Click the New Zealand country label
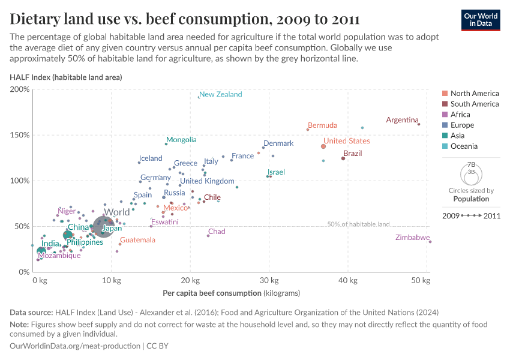[x=220, y=94]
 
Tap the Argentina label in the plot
[x=402, y=120]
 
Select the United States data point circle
[x=323, y=146]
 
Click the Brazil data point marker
[x=343, y=158]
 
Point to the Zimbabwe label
[x=412, y=238]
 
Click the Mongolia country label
[x=181, y=140]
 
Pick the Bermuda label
[x=322, y=125]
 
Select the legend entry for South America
[x=474, y=104]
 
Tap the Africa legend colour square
[x=445, y=115]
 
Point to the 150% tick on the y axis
[x=20, y=135]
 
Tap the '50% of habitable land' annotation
[x=358, y=224]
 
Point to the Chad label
[x=217, y=232]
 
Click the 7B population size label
[x=472, y=164]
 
